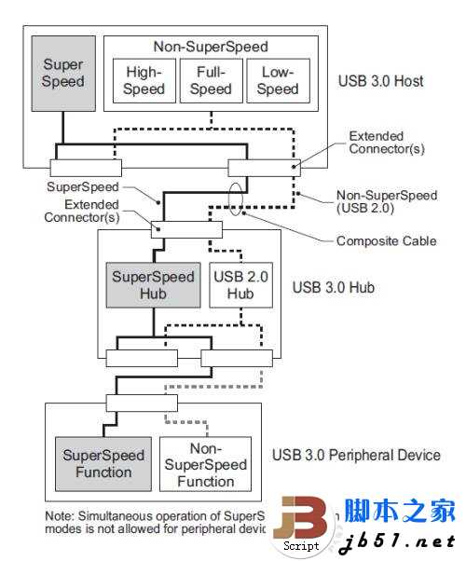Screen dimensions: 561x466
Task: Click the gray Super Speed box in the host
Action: click(63, 74)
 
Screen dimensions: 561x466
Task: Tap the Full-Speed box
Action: click(210, 80)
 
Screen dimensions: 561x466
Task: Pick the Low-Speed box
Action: click(277, 80)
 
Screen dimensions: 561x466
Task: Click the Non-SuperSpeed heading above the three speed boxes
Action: click(210, 47)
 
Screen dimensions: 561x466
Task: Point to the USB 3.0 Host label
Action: click(380, 81)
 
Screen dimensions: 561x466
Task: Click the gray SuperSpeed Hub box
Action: click(153, 284)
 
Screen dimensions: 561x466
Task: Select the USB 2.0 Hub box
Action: click(241, 284)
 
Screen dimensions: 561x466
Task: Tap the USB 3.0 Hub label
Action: click(334, 287)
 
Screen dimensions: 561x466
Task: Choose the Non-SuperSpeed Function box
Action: click(205, 463)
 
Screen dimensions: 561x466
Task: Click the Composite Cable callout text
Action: click(386, 241)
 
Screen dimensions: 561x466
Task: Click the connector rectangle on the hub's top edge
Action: click(186, 229)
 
